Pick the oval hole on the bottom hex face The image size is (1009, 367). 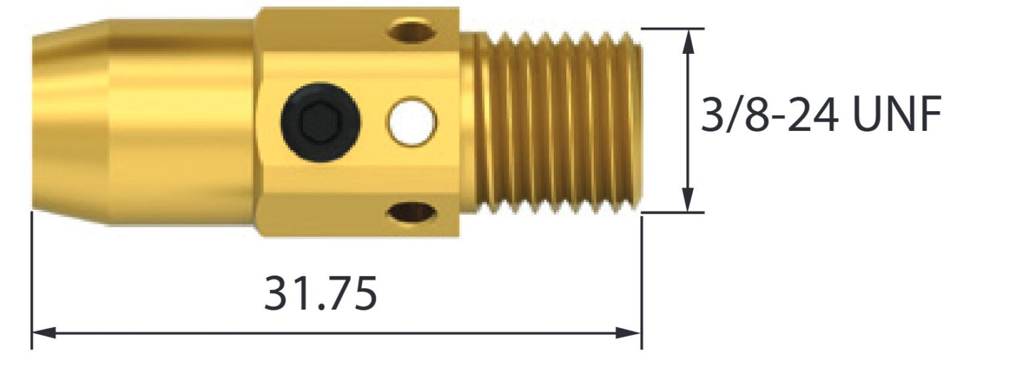coord(413,212)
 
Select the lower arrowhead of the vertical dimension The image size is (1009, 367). coord(688,200)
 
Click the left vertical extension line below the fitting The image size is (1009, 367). coord(32,283)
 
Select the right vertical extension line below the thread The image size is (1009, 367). coord(642,283)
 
